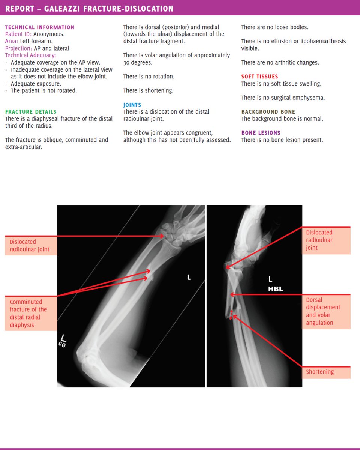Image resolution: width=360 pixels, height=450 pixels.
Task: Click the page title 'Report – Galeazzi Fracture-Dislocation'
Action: click(89, 8)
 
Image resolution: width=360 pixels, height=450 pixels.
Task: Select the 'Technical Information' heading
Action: click(40, 27)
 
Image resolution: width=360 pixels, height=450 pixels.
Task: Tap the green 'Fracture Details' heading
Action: click(31, 112)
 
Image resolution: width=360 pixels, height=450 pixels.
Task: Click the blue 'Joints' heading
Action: click(132, 105)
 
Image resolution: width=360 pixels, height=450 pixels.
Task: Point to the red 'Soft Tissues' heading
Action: click(259, 76)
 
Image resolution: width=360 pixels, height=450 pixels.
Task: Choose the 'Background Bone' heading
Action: click(268, 112)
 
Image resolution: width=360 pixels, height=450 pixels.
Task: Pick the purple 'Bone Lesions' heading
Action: click(261, 133)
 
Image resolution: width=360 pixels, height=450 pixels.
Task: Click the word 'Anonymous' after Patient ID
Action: click(49, 34)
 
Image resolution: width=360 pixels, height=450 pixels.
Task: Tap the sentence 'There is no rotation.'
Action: click(148, 76)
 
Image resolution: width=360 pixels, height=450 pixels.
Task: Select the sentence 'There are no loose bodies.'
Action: click(275, 27)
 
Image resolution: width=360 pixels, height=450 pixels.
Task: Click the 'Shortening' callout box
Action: click(326, 372)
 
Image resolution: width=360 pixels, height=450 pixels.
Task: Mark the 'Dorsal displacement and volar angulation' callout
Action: click(326, 311)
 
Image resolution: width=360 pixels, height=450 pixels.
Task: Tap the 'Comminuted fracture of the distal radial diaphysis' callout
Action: click(31, 313)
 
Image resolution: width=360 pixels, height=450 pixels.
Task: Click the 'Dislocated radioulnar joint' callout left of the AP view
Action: click(31, 246)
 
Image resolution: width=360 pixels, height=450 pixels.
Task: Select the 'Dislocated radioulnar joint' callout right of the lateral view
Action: click(326, 240)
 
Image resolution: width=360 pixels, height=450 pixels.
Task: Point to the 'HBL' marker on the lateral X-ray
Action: click(276, 289)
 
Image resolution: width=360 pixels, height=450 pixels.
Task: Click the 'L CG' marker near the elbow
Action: click(62, 341)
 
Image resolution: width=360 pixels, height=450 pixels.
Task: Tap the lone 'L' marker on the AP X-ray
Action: click(189, 277)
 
